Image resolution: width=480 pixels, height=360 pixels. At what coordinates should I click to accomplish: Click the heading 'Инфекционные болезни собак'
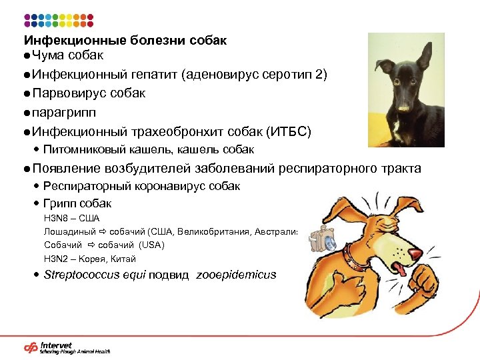point(125,41)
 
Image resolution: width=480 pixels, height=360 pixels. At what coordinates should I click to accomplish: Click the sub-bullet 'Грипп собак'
point(77,203)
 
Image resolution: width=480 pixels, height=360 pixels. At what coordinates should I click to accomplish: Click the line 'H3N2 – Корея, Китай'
point(89,259)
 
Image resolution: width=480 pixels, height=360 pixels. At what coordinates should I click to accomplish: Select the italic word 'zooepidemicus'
point(236,275)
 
